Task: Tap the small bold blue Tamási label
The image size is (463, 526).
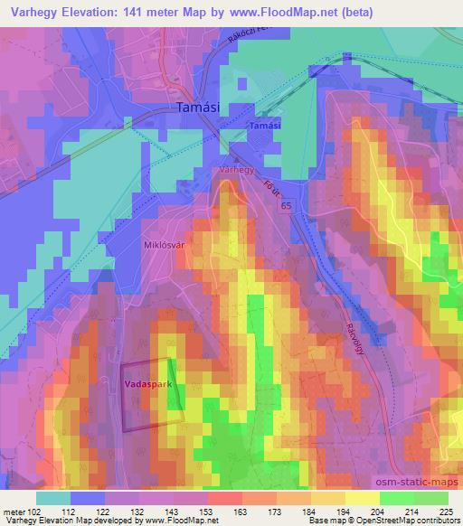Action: tap(265, 127)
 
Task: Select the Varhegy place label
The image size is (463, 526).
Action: tap(238, 169)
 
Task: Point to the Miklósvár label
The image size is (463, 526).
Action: tap(165, 243)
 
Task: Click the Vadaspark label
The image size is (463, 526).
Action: tap(146, 384)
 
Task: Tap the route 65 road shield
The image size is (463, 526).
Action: tap(286, 207)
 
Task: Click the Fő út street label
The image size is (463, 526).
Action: tap(269, 190)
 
